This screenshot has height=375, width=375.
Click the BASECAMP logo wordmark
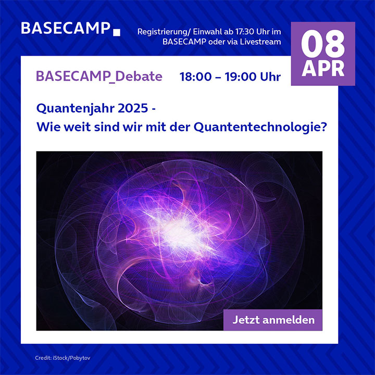click(66, 29)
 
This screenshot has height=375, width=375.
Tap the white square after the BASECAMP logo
click(117, 32)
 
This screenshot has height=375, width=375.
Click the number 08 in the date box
click(323, 44)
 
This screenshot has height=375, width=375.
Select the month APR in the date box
click(323, 68)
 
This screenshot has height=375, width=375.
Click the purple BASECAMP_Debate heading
click(99, 77)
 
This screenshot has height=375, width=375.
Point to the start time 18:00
click(195, 77)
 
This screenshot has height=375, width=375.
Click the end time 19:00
click(240, 77)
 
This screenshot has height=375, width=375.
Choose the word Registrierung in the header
click(161, 32)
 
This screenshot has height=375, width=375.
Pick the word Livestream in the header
click(260, 42)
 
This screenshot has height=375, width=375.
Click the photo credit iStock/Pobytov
click(71, 358)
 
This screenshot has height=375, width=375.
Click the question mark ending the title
click(323, 127)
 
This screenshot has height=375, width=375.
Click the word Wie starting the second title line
click(48, 127)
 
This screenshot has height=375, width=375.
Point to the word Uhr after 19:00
click(270, 77)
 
